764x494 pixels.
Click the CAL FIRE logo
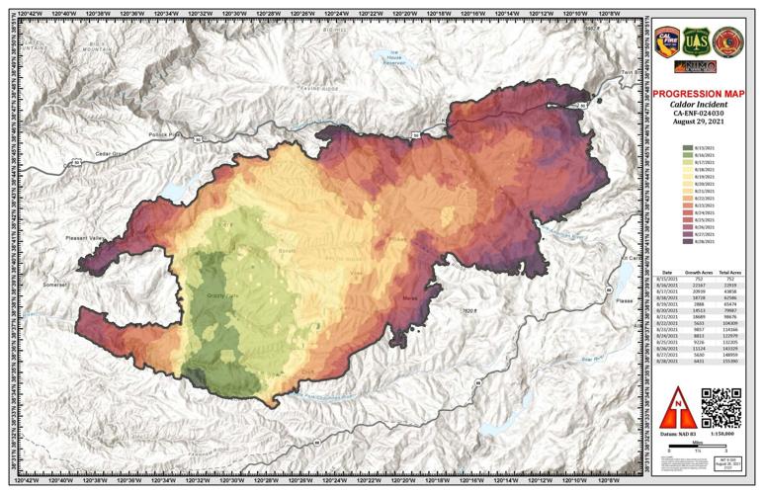pyautogui.click(x=668, y=39)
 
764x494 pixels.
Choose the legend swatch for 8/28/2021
pyautogui.click(x=686, y=240)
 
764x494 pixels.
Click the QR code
pyautogui.click(x=720, y=407)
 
